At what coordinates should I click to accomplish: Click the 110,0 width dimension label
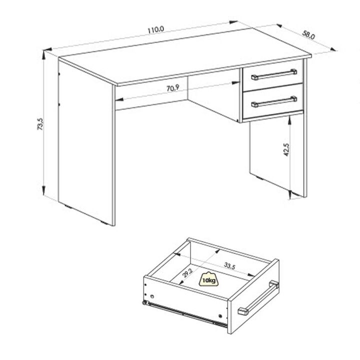tap(155, 30)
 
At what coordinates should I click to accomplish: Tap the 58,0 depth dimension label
tap(308, 35)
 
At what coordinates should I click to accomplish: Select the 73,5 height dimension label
tap(40, 124)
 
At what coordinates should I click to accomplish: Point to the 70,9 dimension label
tap(173, 88)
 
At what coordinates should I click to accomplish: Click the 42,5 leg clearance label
tap(286, 149)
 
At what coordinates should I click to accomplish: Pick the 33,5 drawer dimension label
tap(229, 266)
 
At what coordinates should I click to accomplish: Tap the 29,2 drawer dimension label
tap(187, 273)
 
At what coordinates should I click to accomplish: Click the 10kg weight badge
tap(208, 279)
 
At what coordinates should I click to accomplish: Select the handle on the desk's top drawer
tap(274, 74)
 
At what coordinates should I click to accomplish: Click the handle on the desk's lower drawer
tap(274, 101)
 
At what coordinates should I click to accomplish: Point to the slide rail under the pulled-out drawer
tap(185, 314)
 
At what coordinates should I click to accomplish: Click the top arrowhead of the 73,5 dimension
tap(43, 54)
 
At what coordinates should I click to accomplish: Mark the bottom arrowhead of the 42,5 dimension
tap(289, 194)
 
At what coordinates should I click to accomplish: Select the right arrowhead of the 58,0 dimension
tap(332, 49)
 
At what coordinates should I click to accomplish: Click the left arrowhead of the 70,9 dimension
tap(119, 99)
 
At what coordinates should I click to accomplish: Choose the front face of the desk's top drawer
tap(273, 75)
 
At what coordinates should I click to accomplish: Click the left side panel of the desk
tap(85, 142)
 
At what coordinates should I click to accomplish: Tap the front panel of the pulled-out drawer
tap(253, 296)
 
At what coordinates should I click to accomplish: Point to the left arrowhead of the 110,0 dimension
tap(48, 49)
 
